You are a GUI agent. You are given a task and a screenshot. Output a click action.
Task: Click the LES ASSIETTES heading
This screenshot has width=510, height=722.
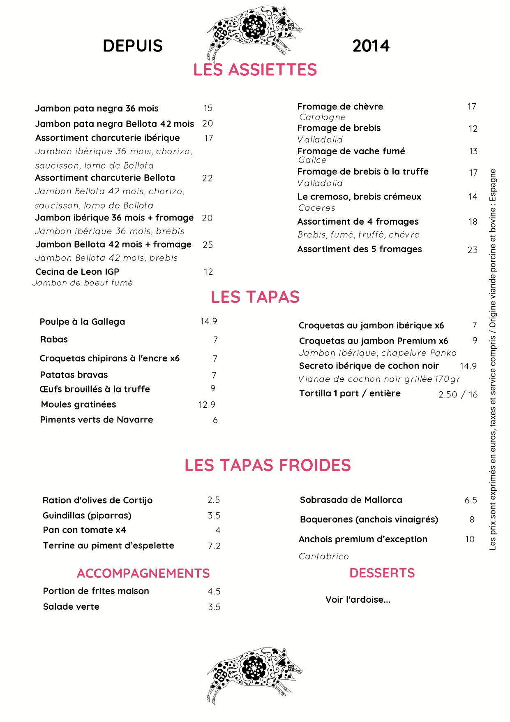(255, 70)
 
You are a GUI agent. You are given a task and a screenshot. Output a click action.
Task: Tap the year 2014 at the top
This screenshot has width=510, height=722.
(371, 46)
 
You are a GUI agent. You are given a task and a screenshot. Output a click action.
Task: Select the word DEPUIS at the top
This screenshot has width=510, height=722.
(133, 46)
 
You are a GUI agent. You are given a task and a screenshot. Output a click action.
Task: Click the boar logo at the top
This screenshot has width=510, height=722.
(254, 30)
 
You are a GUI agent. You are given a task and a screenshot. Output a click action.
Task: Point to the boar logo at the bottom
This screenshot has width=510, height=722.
(254, 674)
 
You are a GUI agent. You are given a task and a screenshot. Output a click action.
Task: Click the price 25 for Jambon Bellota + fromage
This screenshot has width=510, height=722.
(208, 245)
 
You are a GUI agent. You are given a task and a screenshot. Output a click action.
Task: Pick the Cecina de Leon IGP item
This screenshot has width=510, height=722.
(77, 272)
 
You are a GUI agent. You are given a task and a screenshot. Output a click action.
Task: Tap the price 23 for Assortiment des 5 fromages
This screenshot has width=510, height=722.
(473, 250)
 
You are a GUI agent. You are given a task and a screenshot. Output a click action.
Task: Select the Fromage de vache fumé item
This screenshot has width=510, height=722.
(351, 151)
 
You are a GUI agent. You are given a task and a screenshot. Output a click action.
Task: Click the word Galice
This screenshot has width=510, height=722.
(312, 160)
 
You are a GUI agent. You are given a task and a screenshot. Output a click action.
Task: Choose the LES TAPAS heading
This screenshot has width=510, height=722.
(255, 297)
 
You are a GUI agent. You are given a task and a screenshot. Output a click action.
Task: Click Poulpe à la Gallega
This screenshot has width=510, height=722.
(82, 322)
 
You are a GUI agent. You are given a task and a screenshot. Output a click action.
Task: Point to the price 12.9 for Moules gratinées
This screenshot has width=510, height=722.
(207, 405)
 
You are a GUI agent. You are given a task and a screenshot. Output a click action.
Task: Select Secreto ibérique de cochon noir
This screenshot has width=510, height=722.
(369, 366)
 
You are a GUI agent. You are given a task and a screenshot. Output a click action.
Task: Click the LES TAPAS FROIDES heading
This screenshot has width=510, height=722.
(268, 465)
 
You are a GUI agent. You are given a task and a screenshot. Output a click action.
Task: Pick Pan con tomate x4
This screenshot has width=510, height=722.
(84, 530)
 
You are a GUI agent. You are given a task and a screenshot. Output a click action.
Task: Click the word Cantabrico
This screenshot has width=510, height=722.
(323, 557)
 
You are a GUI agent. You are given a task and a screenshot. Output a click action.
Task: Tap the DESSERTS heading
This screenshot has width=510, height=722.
(382, 573)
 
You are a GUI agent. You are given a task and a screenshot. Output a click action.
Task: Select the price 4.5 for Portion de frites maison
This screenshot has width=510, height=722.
(214, 592)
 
